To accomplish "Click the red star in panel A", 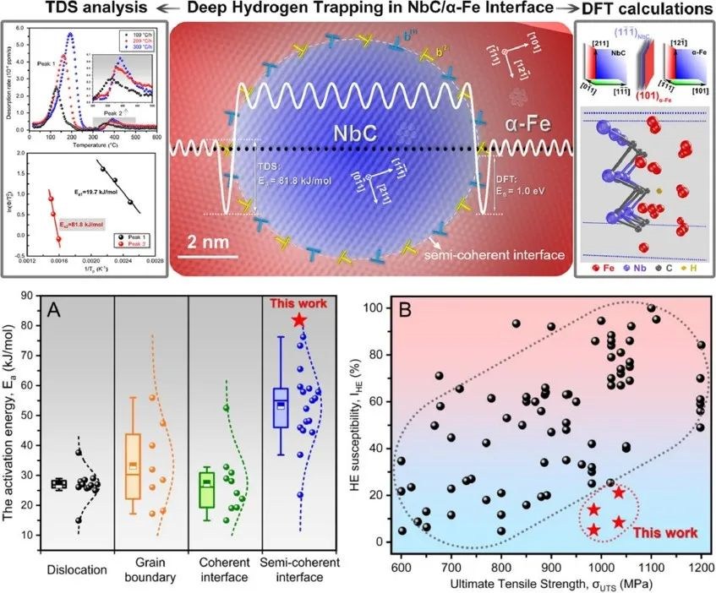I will (298, 320).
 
